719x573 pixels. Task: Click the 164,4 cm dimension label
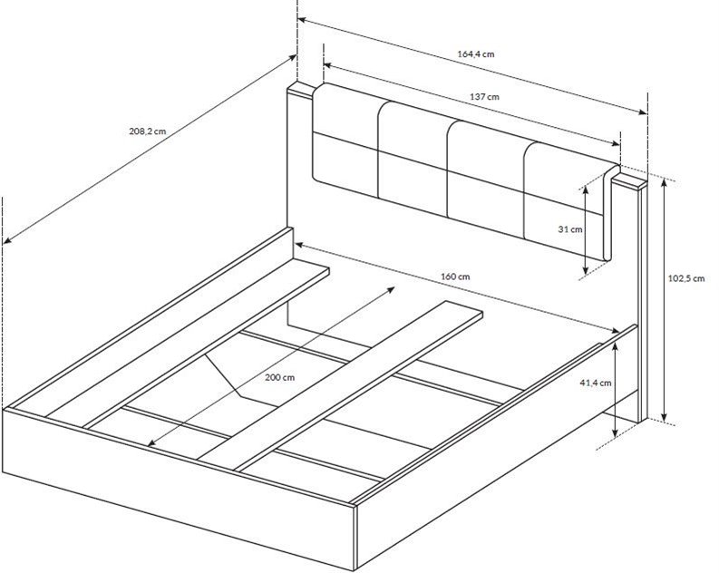pos(476,54)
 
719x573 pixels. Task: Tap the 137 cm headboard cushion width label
pos(484,97)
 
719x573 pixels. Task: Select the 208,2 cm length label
pos(148,131)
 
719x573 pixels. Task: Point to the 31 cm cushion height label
pos(570,229)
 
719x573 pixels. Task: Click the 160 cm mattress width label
pos(455,277)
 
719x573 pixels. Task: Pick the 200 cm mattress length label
pos(280,378)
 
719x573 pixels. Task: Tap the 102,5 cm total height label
pos(686,278)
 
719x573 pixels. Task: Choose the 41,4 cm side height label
pos(596,383)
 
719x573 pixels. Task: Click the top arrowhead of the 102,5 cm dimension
pos(663,181)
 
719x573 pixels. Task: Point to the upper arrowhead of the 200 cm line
pos(391,289)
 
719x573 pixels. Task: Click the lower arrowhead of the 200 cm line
pos(151,443)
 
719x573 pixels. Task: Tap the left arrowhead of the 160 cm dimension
pos(298,245)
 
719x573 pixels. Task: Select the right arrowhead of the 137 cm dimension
pos(617,143)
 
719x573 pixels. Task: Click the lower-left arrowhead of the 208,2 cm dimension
pos(7,240)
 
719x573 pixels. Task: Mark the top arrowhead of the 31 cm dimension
pos(585,189)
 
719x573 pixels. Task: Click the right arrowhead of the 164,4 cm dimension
pos(644,112)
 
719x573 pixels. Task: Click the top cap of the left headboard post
pos(300,90)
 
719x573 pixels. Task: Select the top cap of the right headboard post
pos(629,180)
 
